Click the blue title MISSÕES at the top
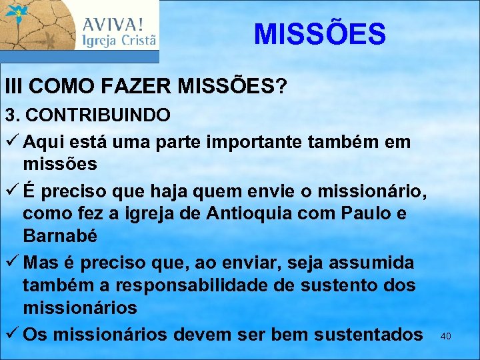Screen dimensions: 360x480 (319, 34)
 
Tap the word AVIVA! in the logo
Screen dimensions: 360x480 (112, 25)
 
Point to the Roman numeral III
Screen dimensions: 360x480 (14, 87)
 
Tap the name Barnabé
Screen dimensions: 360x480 (60, 236)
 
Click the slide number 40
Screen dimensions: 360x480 (446, 337)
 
